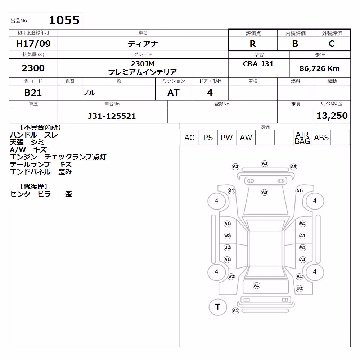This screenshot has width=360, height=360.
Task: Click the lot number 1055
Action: pos(64,20)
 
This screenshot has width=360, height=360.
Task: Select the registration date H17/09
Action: pos(33,44)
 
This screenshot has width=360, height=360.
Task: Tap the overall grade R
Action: pos(253,44)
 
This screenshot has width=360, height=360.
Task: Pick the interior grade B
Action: pos(295,44)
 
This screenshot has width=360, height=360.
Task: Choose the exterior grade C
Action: pos(332,44)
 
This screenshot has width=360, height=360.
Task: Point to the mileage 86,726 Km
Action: pos(320,68)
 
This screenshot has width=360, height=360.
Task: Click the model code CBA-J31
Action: pos(258,64)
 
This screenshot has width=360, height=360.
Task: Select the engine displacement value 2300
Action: pos(33,68)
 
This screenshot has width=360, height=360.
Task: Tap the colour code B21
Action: pos(33,93)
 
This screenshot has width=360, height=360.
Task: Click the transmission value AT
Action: pos(174,93)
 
